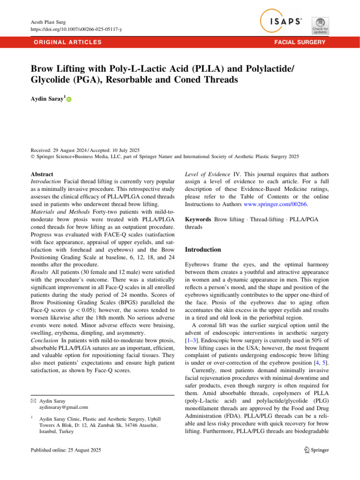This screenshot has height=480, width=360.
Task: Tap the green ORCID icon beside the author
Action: click(69, 99)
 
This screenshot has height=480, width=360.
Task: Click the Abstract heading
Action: click(41, 174)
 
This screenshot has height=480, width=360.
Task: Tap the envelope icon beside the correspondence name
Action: click(32, 401)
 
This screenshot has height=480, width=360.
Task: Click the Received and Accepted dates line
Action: click(88, 150)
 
